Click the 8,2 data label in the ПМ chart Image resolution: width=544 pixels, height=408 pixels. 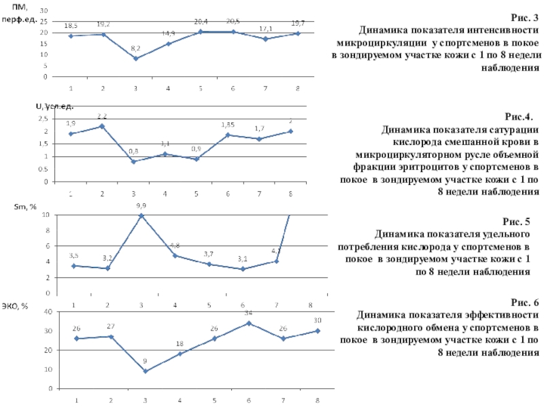pos(135,49)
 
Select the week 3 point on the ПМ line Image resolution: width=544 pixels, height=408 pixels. pos(135,58)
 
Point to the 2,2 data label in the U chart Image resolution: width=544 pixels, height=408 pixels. pos(102,116)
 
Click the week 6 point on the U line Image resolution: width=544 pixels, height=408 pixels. pos(228,135)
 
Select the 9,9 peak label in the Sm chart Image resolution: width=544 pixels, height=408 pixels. pos(141,205)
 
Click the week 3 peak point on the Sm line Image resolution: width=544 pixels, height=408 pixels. pos(141,216)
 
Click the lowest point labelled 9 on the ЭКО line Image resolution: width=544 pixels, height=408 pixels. pos(145,371)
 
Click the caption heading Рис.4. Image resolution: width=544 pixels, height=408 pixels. pos(524,117)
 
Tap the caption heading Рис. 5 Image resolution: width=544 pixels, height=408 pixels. pos(517,222)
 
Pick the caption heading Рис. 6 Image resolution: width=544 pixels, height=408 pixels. pos(524,303)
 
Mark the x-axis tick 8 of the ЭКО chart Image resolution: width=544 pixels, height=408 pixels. pos(318,400)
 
